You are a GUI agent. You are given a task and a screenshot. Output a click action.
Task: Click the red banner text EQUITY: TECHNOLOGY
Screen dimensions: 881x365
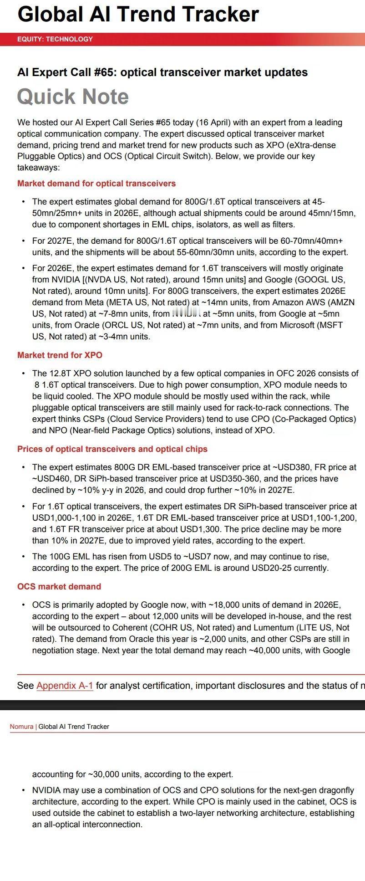click(x=55, y=39)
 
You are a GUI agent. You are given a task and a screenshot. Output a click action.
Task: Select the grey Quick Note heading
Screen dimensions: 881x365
click(x=73, y=97)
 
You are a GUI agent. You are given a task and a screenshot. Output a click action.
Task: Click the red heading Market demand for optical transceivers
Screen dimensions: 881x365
click(x=96, y=184)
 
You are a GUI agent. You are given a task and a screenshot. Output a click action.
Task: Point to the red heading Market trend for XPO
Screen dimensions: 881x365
click(x=60, y=355)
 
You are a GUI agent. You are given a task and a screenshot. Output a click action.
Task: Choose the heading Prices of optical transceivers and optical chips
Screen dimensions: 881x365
click(x=112, y=449)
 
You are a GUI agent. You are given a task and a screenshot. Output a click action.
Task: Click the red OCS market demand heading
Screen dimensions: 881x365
click(x=59, y=587)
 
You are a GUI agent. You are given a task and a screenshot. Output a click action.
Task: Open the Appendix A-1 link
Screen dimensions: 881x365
click(x=65, y=686)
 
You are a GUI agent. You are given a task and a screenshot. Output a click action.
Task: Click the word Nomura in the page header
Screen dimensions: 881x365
click(x=21, y=727)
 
